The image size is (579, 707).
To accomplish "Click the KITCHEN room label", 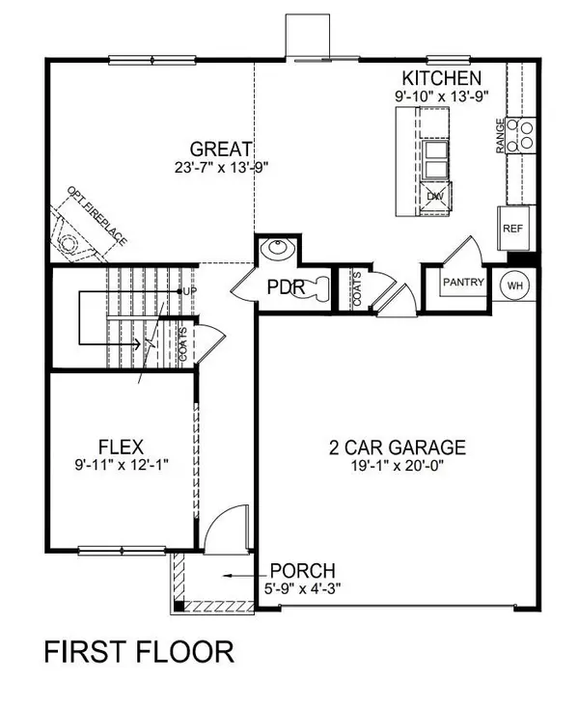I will tap(442, 78).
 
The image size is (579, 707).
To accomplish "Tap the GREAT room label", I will tap(221, 150).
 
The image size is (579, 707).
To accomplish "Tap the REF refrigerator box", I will tap(511, 229).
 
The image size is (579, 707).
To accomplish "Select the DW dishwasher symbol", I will tap(436, 196).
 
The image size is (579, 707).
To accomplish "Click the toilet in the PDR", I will tap(315, 287).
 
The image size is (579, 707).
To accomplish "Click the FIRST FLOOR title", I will tap(138, 652).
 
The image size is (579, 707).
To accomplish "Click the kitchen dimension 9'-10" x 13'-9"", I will tap(442, 95).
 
